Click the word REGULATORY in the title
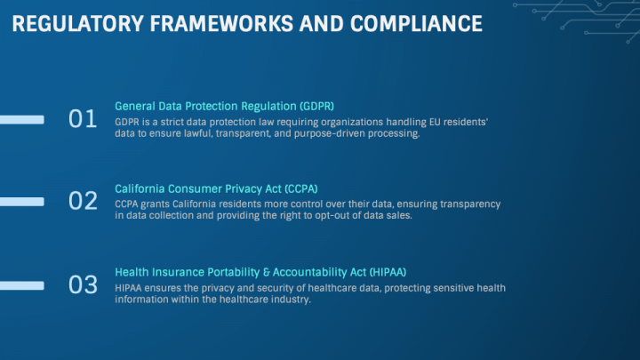coord(78,24)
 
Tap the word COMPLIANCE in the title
coord(416,24)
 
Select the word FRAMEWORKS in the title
coord(221,24)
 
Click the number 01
coord(83,119)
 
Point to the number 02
coord(83,201)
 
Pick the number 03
coord(83,285)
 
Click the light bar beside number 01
coord(22,120)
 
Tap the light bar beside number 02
coord(22,202)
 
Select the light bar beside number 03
coord(22,285)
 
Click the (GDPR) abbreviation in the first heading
coord(316,107)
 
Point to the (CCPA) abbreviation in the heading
coord(301,189)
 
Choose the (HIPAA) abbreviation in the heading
coord(388,272)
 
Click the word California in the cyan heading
coord(140,189)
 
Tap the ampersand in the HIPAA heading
coord(267,273)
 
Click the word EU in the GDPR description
coord(435,122)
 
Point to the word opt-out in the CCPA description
coord(332,215)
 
